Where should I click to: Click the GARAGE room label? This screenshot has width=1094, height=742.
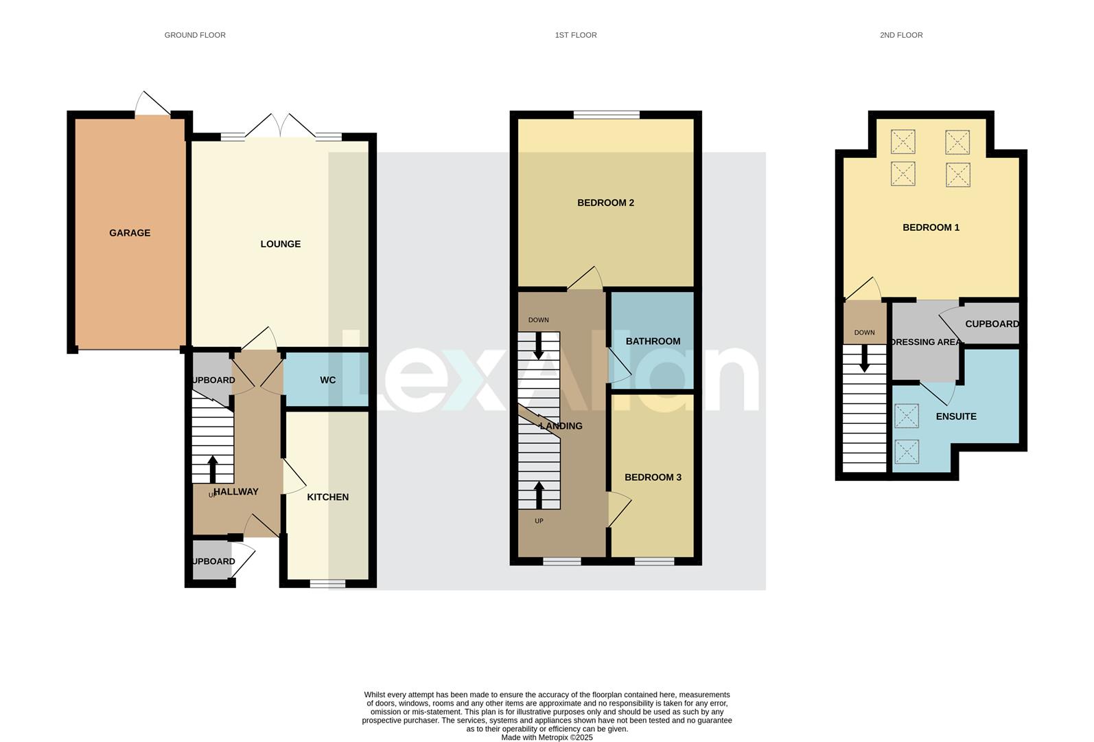tap(130, 233)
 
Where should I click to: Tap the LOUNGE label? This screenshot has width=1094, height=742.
tap(280, 244)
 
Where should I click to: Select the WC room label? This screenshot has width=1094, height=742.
tap(327, 380)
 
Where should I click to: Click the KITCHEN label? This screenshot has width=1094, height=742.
tap(327, 497)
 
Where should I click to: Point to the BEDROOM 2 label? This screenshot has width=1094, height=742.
tap(605, 203)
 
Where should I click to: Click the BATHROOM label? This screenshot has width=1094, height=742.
tap(653, 341)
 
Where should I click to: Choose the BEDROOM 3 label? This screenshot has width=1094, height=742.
tap(653, 477)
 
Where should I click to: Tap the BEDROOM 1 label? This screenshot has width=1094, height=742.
tap(931, 227)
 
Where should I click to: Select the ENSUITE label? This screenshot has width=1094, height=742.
tap(955, 416)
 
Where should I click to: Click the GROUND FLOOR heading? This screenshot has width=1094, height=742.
tap(195, 35)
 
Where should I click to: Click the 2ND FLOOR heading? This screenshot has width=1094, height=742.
tap(900, 35)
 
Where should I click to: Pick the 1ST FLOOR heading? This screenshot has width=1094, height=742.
tap(575, 35)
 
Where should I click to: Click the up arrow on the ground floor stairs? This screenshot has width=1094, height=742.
tap(213, 469)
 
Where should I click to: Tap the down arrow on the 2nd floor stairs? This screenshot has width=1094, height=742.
tap(864, 357)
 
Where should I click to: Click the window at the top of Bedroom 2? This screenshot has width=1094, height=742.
tap(606, 115)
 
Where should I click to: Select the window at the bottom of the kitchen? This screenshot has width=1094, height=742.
tap(327, 584)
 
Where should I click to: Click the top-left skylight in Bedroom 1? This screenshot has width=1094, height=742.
tap(903, 142)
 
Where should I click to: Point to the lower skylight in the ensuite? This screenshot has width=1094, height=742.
tap(906, 451)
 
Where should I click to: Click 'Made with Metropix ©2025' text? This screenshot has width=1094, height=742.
tap(546, 737)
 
